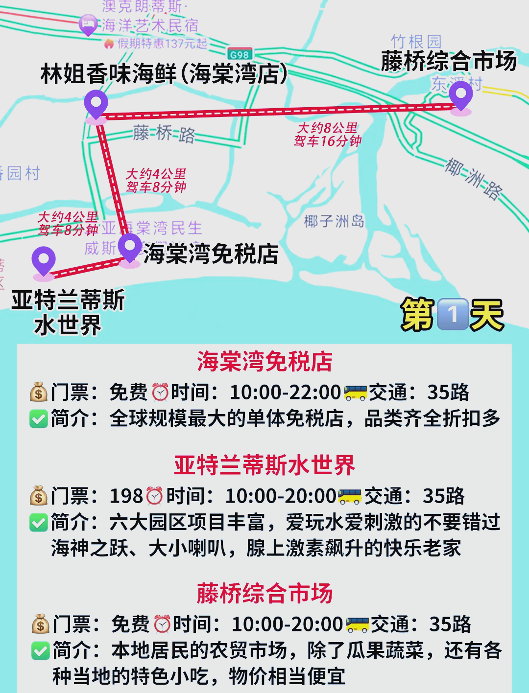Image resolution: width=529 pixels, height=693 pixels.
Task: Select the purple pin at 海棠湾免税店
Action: tap(130, 248)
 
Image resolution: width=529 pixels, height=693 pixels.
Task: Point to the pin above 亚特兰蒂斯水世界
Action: tap(44, 261)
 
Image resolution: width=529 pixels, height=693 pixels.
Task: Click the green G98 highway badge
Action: tap(240, 55)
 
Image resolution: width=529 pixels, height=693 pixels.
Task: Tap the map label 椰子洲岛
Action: tap(334, 221)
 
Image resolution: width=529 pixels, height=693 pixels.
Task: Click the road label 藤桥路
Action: tap(164, 133)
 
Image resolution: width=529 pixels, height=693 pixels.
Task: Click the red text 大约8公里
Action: tap(327, 128)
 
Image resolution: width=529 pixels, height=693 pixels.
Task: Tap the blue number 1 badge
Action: tap(452, 314)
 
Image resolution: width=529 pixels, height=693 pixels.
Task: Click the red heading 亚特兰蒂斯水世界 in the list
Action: tap(264, 465)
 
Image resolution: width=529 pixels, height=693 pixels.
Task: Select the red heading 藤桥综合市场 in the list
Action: tap(264, 593)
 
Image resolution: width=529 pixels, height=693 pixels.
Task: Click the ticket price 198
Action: tap(126, 496)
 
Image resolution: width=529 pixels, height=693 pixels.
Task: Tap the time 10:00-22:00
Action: tap(285, 392)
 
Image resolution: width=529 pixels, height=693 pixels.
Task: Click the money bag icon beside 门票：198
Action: tap(39, 496)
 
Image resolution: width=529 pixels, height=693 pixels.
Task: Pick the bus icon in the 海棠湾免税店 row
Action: tap(355, 392)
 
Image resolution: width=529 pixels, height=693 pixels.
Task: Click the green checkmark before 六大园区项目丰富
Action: tap(39, 522)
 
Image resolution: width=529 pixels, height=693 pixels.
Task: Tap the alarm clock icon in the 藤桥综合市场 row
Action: tap(162, 624)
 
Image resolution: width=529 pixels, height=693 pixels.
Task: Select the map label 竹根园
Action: tap(416, 41)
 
